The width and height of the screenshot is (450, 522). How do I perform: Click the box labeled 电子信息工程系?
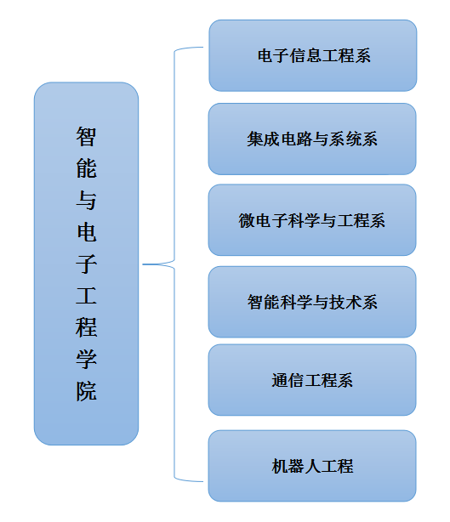coord(313,55)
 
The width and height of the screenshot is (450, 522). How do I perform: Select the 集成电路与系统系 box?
coord(312,139)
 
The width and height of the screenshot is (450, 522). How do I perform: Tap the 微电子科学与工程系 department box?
coord(312,220)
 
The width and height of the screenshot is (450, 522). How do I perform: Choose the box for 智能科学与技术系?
coord(312,302)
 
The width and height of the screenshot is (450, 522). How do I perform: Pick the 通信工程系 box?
coord(312,380)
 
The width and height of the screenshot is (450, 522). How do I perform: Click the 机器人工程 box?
coord(312,466)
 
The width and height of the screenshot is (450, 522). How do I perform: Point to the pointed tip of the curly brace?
coord(143,264)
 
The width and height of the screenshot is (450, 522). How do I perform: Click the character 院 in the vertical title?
coord(86,391)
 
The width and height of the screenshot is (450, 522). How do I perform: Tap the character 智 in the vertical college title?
coord(86,137)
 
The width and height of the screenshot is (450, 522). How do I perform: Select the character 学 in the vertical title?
coord(86,360)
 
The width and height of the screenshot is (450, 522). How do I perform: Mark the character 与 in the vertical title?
coord(86,200)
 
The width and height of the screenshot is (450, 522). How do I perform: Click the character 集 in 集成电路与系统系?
coord(255,139)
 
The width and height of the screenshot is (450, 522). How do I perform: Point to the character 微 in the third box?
coord(247,220)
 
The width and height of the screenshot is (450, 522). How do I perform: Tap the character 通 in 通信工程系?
coord(280,380)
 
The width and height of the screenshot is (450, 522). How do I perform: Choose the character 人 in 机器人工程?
coord(312,466)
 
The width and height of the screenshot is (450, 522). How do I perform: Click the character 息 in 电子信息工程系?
coord(313,55)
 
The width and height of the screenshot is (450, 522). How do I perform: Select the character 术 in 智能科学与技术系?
coord(353,303)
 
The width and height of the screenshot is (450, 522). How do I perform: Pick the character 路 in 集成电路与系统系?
coord(304,139)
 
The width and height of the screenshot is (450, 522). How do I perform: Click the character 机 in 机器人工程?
coord(280,466)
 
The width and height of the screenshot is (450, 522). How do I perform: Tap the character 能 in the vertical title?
coord(86,168)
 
